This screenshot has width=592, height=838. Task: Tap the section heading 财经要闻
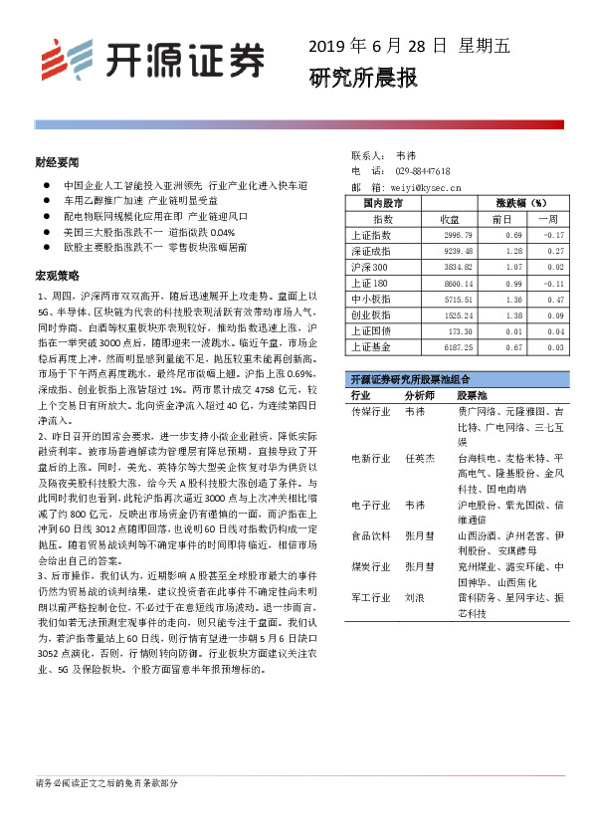[57, 161]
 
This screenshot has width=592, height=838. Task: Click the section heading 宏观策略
[57, 274]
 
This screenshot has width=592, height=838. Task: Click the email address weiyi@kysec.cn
[422, 186]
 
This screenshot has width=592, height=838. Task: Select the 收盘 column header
[450, 218]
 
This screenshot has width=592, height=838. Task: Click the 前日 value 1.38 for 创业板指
[513, 314]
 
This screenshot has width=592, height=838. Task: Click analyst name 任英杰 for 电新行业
[419, 458]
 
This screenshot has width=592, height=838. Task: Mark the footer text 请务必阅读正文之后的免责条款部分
[107, 783]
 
